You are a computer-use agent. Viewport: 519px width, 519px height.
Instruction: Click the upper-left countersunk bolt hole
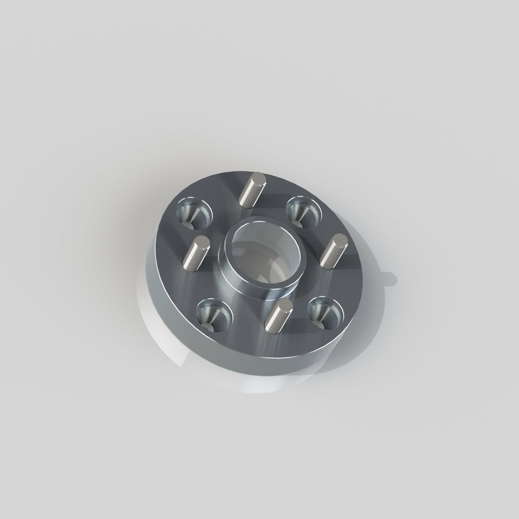point(194,211)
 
